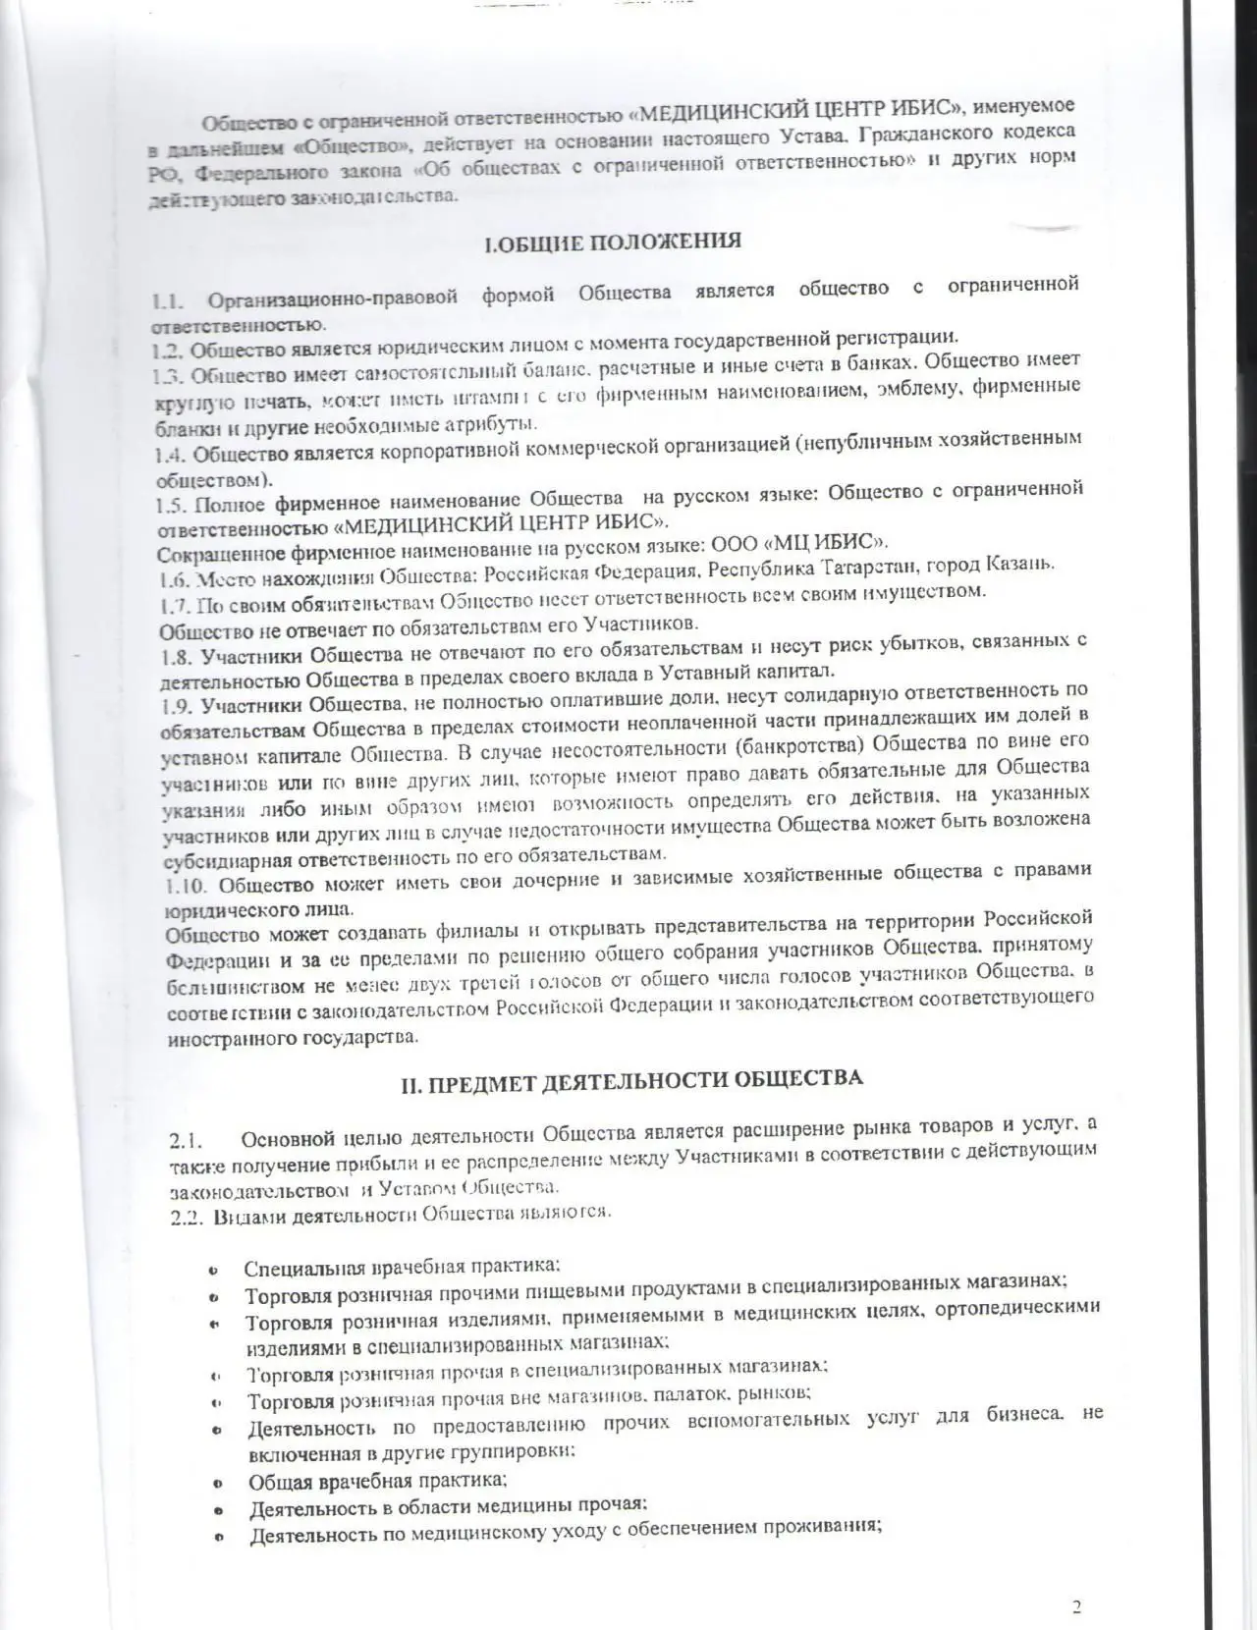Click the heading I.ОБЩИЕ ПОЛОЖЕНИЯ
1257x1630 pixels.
[613, 242]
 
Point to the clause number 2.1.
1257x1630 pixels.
[185, 1141]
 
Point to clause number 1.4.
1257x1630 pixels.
[171, 456]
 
